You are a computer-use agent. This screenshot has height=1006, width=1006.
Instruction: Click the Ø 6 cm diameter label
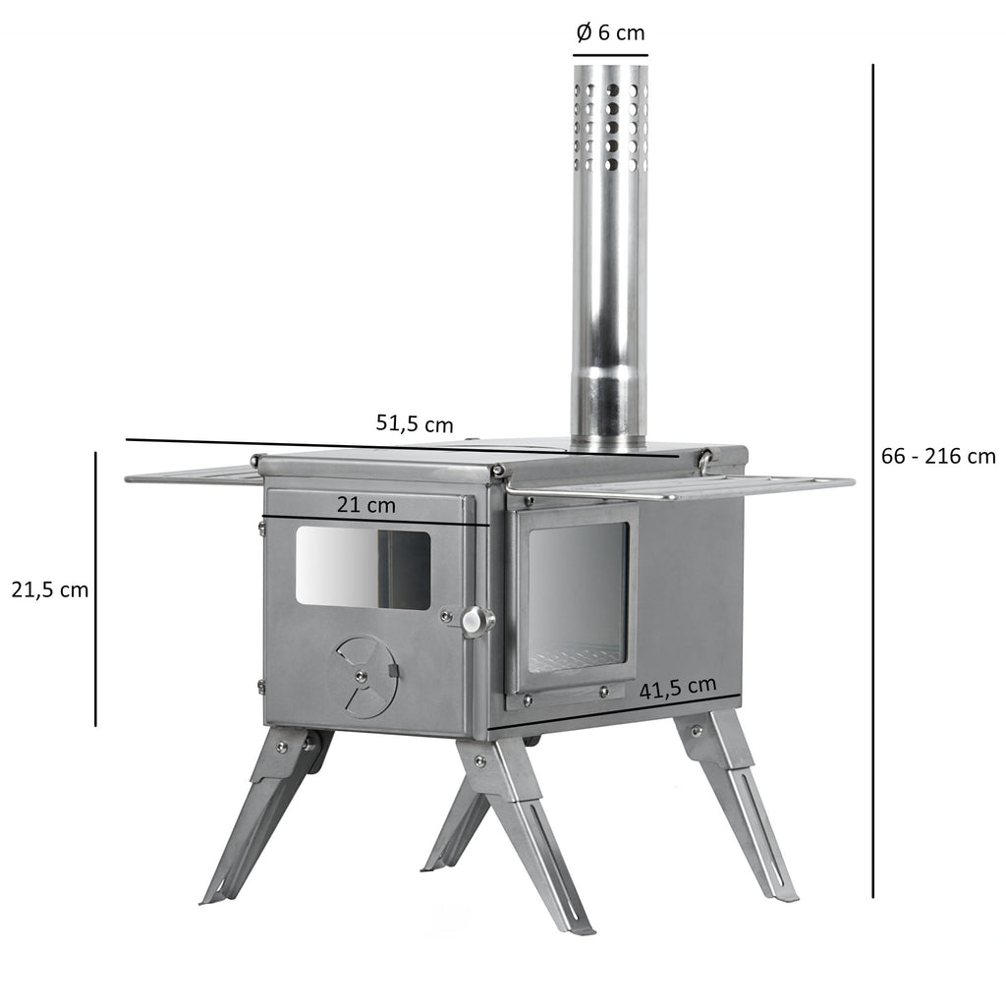tap(610, 32)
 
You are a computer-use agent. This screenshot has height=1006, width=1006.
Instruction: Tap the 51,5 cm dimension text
tap(415, 423)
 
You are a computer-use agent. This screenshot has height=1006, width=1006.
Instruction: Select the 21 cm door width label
tap(365, 505)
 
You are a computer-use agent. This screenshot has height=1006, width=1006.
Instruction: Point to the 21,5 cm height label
tap(49, 590)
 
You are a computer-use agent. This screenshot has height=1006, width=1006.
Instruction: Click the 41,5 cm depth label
tap(677, 688)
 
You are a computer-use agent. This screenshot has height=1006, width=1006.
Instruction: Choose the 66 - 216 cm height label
tap(939, 456)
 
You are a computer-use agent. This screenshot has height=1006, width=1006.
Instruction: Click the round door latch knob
tap(477, 620)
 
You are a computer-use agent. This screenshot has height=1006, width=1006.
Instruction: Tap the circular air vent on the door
tap(364, 676)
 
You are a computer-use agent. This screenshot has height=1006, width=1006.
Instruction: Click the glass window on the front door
tap(363, 569)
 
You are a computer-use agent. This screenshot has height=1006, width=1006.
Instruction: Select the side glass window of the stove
tap(578, 597)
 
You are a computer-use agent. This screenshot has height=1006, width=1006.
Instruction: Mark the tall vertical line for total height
tap(872, 481)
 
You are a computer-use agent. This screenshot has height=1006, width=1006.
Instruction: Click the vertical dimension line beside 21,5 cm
tap(95, 589)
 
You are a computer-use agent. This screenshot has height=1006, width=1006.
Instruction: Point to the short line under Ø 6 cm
tap(610, 55)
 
